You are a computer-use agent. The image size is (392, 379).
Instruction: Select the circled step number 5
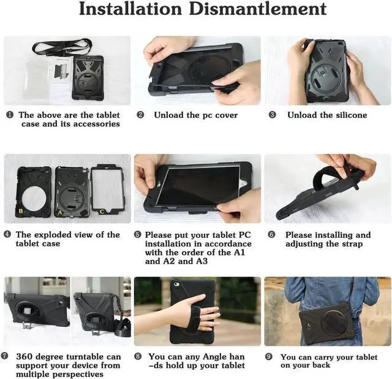[x=138, y=235]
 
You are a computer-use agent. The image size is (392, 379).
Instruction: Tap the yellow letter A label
[x=60, y=213]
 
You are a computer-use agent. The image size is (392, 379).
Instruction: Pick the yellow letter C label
[x=102, y=212]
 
